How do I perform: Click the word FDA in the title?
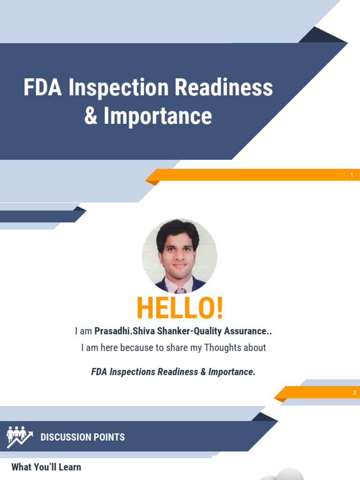(43, 88)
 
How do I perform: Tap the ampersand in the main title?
(91, 116)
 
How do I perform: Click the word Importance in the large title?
(157, 116)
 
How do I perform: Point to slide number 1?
(352, 175)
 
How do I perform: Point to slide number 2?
(355, 393)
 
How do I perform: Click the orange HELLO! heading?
(180, 308)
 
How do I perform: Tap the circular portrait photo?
(180, 255)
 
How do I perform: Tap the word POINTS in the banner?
(110, 437)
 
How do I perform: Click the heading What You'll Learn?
(46, 467)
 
